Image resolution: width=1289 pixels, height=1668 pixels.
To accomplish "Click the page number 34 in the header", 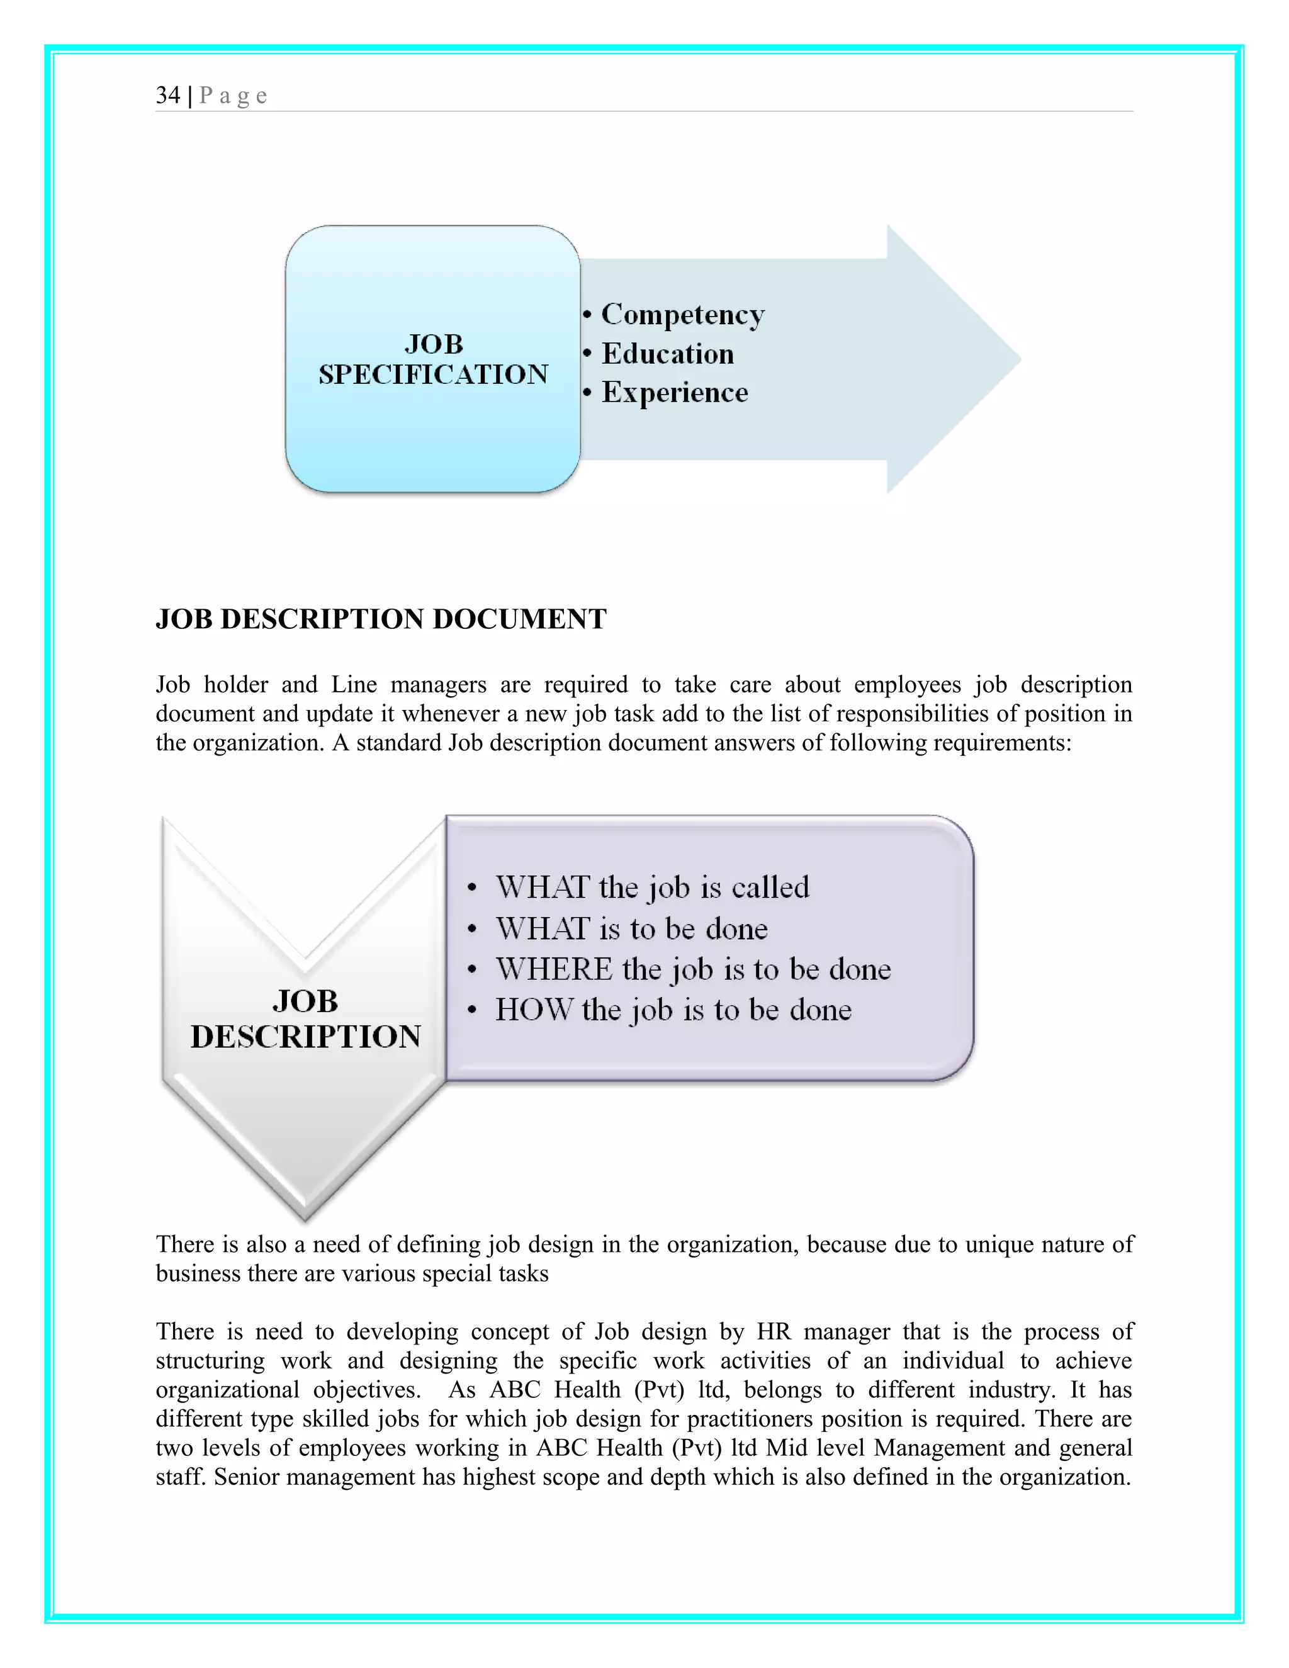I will point(168,96).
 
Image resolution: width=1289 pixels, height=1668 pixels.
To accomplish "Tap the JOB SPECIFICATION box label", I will point(433,359).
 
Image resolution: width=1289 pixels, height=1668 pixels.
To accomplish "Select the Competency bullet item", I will point(682,315).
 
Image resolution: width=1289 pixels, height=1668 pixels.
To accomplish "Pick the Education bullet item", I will point(667,354).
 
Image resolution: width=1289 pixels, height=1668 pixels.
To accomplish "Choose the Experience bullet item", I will point(674,393).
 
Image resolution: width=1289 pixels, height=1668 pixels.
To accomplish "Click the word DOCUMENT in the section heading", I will point(519,619).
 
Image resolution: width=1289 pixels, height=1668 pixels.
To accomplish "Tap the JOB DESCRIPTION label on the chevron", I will point(305,1019).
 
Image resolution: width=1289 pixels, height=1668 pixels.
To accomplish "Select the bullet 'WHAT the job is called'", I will point(652,888).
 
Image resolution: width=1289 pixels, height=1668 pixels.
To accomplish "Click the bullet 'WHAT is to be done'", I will point(631,928).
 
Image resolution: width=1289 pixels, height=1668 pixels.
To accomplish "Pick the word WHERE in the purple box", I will point(554,969).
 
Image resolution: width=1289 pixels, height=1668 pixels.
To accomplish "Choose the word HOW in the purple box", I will point(533,1010).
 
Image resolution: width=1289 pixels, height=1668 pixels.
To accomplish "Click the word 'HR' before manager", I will point(774,1331).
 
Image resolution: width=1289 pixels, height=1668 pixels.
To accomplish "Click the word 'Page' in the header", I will point(233,96).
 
